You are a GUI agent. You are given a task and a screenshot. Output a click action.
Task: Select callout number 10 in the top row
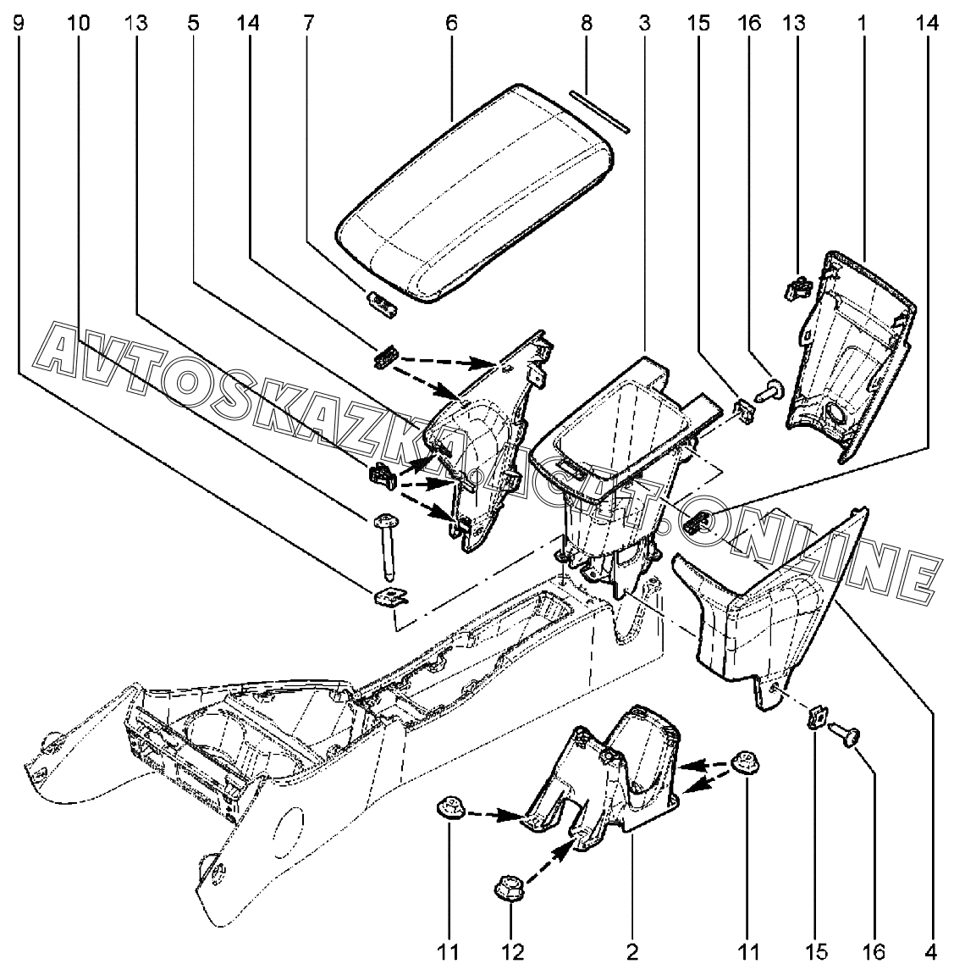78,23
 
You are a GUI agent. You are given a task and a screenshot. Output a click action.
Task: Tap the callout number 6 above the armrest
450,23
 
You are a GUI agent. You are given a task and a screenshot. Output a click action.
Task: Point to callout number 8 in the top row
586,23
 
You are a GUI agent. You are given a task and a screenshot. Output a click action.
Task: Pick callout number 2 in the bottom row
632,952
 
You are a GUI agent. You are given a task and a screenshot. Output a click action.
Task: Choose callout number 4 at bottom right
931,952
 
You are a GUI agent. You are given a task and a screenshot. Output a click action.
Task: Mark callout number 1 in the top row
862,23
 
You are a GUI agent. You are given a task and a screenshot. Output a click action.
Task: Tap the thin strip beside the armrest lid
598,112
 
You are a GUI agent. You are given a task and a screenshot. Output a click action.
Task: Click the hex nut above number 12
510,890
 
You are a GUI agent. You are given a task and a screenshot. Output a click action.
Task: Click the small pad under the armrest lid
382,303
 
